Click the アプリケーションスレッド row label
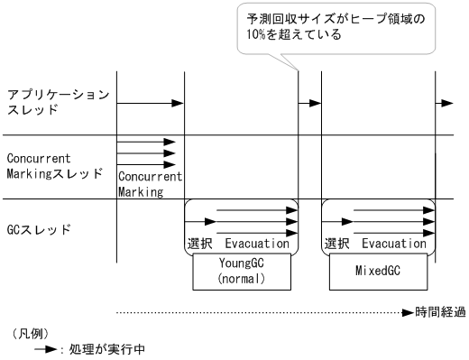click(59, 102)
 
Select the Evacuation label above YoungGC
click(257, 244)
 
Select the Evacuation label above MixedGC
click(394, 244)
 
